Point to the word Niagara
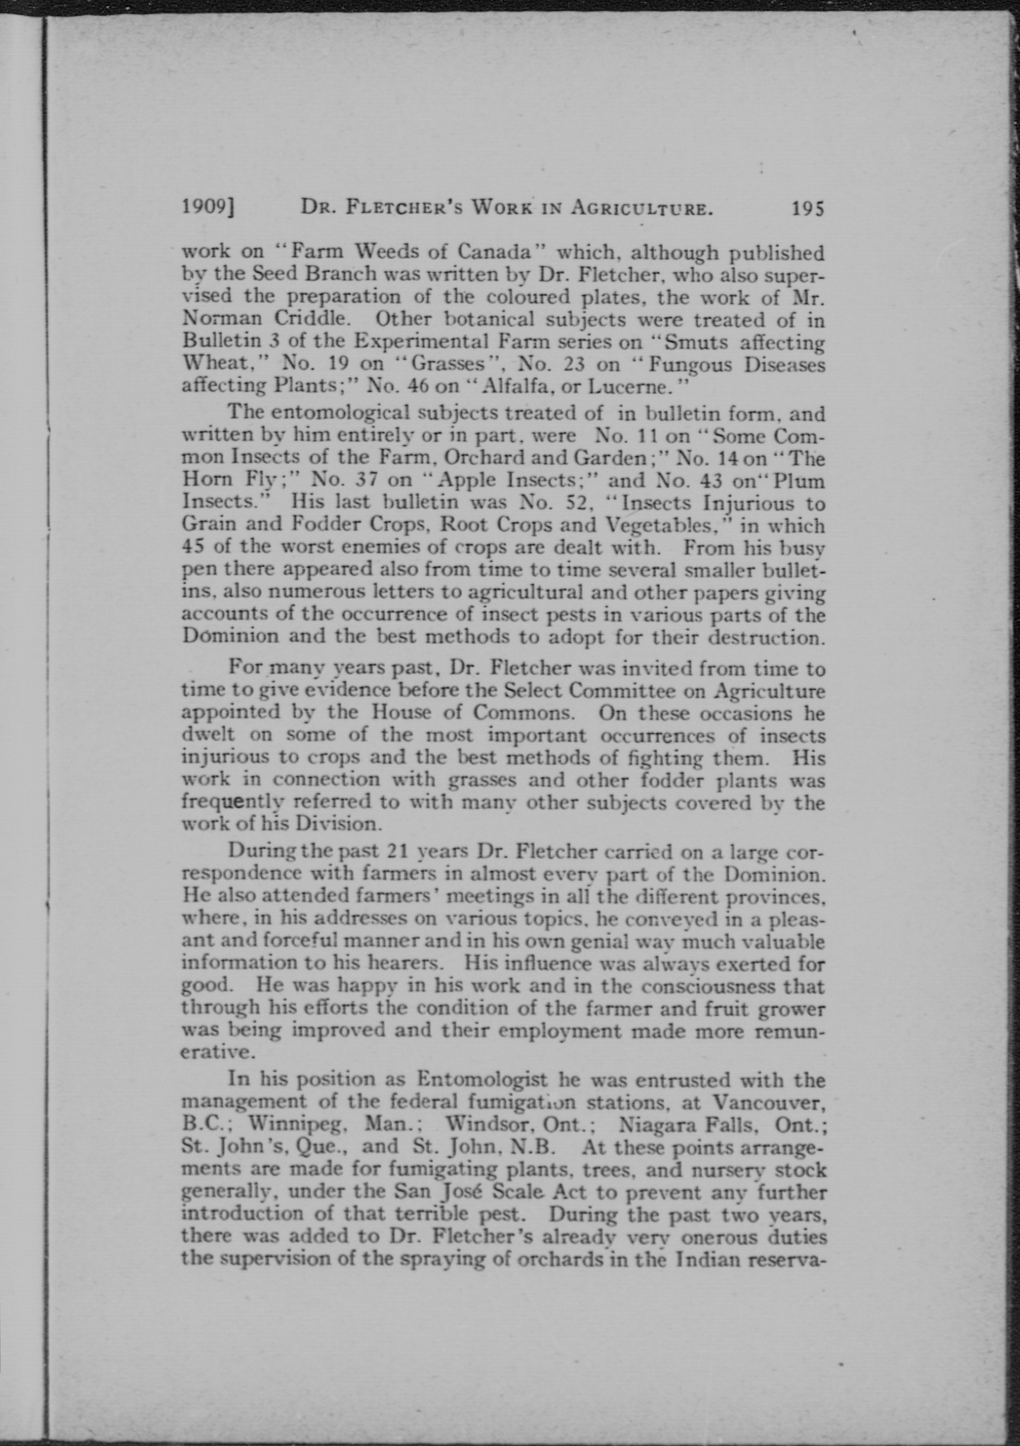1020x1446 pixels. [660, 1125]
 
